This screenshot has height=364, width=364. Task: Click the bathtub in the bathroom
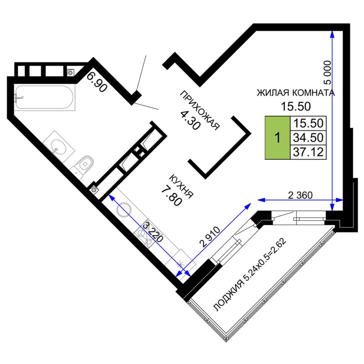[44, 97]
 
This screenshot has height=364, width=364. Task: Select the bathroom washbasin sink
[59, 147]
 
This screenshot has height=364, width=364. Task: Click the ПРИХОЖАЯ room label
[200, 110]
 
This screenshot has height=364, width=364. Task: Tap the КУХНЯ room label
[182, 186]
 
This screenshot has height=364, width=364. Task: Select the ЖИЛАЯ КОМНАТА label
[296, 93]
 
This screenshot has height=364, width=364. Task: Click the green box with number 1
[278, 138]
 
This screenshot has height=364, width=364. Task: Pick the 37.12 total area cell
[308, 152]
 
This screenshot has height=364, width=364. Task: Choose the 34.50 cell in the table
[308, 138]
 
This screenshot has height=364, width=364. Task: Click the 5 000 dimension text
[327, 72]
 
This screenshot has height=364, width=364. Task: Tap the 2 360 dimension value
[300, 195]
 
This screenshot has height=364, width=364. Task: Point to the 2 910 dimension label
[210, 236]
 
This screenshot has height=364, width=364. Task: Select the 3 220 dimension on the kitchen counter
[153, 232]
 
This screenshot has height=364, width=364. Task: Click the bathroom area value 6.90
[97, 81]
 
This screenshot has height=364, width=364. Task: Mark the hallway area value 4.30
[190, 120]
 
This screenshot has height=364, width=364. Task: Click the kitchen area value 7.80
[171, 197]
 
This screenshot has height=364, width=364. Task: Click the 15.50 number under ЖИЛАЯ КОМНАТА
[296, 106]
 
